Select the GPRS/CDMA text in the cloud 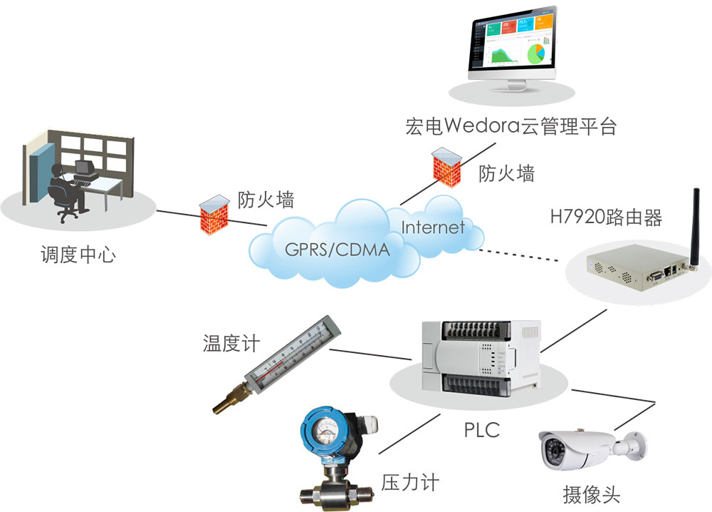point(337,250)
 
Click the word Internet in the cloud point(433,228)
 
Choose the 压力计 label point(409,483)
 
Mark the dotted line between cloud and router point(523,255)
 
